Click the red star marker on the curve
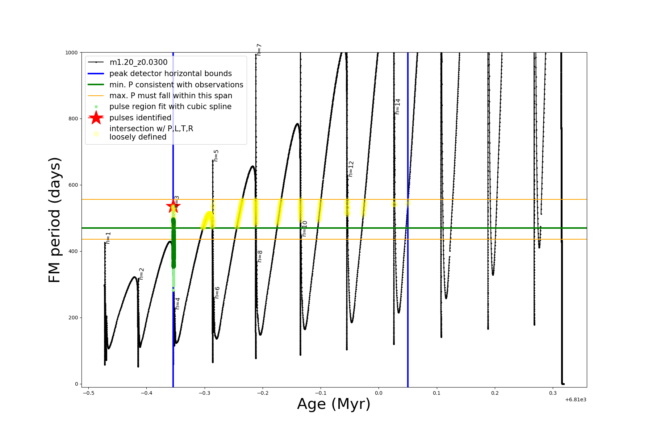pyautogui.click(x=173, y=206)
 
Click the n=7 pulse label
pyautogui.click(x=259, y=50)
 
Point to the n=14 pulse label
pyautogui.click(x=398, y=107)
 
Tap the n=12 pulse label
pyautogui.click(x=351, y=169)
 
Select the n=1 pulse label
pyautogui.click(x=108, y=238)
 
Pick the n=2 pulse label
pyautogui.click(x=142, y=274)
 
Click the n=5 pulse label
pyautogui.click(x=216, y=156)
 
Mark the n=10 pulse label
pyautogui.click(x=305, y=228)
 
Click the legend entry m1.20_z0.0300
pyautogui.click(x=138, y=62)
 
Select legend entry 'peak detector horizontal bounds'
pyautogui.click(x=170, y=74)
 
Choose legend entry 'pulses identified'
pyautogui.click(x=140, y=118)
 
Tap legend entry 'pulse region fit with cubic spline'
pyautogui.click(x=170, y=107)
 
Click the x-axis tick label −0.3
pyautogui.click(x=204, y=393)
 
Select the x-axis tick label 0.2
pyautogui.click(x=495, y=393)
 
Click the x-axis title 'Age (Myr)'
pyautogui.click(x=334, y=404)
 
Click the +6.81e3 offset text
pyautogui.click(x=576, y=399)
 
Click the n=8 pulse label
pyautogui.click(x=260, y=256)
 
